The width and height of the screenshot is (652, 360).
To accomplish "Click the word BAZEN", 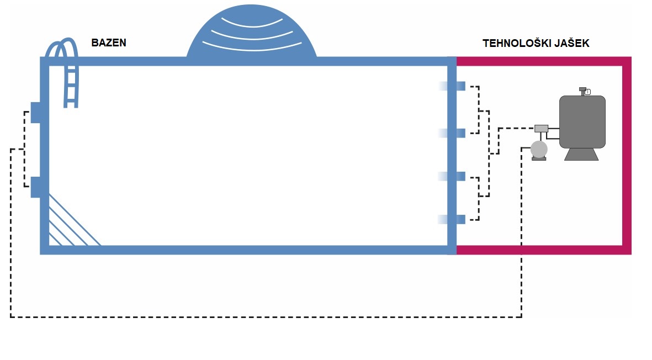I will pos(109,43).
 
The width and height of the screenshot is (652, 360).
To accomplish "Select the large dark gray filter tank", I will pos(582,121).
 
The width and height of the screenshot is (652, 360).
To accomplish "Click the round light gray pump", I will pos(538,149).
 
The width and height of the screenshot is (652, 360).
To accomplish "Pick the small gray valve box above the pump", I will pos(541,129).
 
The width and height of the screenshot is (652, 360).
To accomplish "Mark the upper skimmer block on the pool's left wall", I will pos(36,112).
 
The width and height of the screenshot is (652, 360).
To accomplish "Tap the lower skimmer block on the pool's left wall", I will pos(36,187).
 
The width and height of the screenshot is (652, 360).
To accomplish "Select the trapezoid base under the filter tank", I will pos(582,154).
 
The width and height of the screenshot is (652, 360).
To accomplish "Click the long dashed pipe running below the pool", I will pos(265,317).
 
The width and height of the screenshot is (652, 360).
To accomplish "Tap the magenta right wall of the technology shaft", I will pos(627,155).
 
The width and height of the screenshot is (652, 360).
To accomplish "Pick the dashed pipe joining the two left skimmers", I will pos(24,149).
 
